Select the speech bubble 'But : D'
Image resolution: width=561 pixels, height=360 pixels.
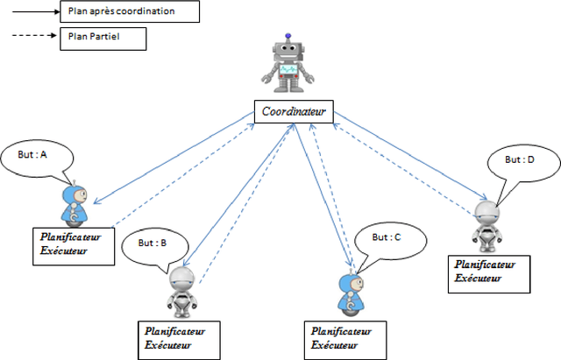tap(519, 164)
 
